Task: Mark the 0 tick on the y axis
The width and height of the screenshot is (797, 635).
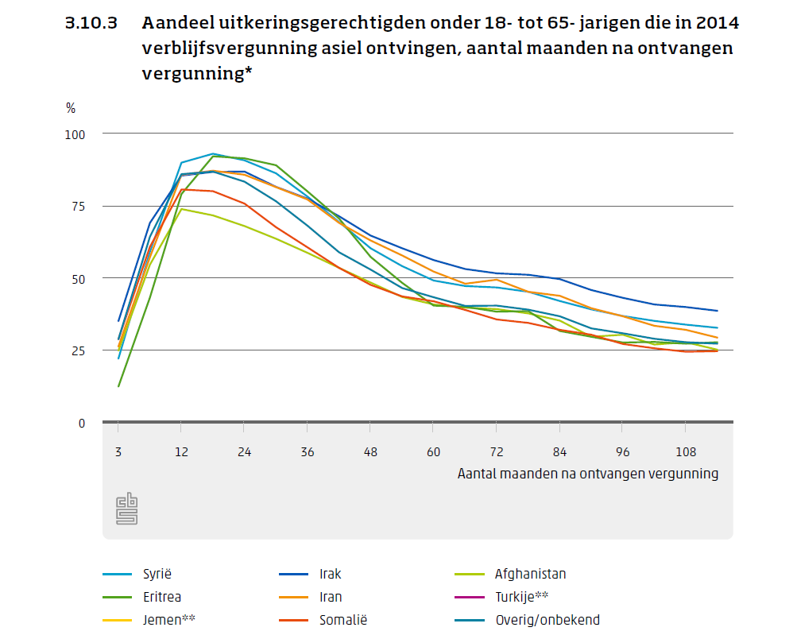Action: coord(82,423)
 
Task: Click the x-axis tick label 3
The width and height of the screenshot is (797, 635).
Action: coord(118,451)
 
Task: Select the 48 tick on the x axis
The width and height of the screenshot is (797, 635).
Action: coord(370,451)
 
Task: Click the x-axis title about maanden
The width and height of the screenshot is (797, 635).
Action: coord(587,474)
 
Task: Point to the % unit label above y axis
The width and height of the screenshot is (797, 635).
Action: coord(71,108)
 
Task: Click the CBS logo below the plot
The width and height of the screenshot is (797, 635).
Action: coord(127,509)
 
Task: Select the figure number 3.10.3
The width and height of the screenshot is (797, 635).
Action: coord(91,23)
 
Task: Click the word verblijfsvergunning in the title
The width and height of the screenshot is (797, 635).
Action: coord(227,48)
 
